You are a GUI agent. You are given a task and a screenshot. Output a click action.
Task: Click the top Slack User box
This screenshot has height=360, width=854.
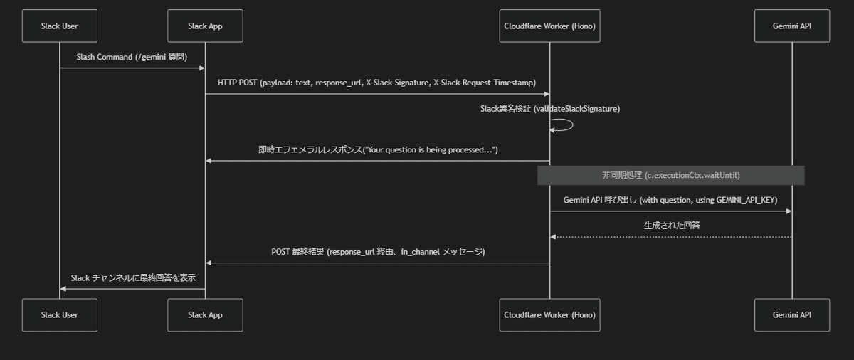click(x=59, y=26)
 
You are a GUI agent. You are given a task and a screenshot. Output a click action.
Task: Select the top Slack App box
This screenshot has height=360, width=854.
click(x=205, y=26)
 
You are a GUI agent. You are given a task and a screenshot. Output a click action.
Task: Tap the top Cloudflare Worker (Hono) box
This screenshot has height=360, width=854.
click(x=549, y=26)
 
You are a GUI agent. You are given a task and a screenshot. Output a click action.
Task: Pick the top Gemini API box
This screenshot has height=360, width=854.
click(x=791, y=26)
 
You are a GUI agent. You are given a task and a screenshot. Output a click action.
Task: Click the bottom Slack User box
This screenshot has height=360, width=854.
click(x=59, y=314)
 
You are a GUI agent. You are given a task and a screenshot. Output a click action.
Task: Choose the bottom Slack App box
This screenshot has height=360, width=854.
click(x=205, y=314)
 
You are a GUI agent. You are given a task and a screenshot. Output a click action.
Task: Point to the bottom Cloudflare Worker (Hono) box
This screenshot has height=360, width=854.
click(x=549, y=314)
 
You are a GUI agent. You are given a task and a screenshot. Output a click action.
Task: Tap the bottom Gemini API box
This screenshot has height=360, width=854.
click(x=791, y=314)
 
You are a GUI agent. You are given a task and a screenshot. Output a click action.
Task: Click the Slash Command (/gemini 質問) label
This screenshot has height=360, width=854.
click(x=132, y=56)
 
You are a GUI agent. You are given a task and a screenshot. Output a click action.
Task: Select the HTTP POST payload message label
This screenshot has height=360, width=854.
click(x=376, y=83)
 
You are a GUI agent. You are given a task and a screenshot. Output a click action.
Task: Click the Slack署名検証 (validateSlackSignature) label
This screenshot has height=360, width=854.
click(x=549, y=108)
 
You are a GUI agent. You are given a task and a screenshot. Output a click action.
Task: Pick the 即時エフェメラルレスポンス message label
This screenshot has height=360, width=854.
click(x=377, y=150)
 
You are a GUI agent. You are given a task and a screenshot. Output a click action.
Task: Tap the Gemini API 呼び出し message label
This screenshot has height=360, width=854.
click(x=670, y=200)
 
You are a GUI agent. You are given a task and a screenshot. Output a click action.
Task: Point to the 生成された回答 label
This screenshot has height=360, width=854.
click(x=670, y=226)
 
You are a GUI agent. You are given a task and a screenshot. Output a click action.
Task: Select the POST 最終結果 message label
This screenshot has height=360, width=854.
click(x=377, y=252)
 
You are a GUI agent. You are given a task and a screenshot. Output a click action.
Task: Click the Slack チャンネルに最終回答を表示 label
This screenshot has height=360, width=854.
click(x=133, y=277)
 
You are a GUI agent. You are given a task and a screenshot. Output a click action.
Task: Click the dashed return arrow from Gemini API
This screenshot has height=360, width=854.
click(x=670, y=237)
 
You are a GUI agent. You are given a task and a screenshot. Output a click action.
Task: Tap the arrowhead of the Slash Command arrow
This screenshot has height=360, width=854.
click(x=201, y=68)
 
